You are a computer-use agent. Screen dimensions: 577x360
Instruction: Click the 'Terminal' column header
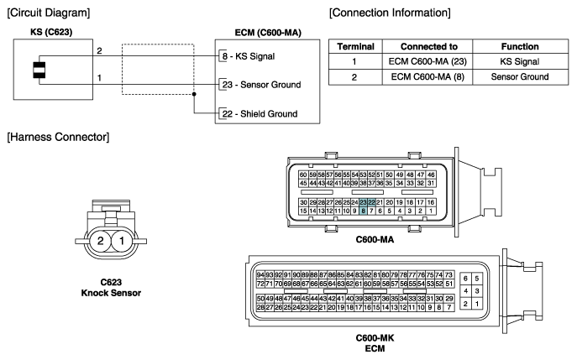(x=355, y=47)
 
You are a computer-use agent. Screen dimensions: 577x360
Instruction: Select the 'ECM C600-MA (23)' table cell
(x=428, y=61)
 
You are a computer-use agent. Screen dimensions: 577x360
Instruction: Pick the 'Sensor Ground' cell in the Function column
(x=520, y=77)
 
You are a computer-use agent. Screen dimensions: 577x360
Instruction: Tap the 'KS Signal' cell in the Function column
(x=520, y=61)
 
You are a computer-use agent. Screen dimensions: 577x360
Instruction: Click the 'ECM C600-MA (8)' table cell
(x=428, y=77)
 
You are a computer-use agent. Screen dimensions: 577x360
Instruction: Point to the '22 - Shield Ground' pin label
(x=260, y=114)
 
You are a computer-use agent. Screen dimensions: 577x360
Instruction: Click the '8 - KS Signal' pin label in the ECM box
(x=249, y=56)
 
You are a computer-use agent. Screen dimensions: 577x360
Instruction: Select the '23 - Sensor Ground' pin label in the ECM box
(x=262, y=85)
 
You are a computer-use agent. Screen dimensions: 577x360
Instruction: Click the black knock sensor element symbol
(x=39, y=70)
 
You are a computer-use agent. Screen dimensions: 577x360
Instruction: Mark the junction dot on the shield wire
(x=194, y=94)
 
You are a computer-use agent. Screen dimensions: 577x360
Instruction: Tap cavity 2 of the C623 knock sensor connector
(x=100, y=241)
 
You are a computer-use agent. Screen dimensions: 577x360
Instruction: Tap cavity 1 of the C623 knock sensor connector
(x=122, y=241)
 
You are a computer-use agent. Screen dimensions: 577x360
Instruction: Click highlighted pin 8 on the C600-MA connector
(x=363, y=211)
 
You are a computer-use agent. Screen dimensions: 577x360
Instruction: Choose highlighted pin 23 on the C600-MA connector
(x=363, y=202)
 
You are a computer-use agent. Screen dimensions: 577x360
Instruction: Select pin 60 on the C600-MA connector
(x=303, y=175)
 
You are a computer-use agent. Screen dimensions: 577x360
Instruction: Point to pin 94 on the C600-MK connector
(x=260, y=275)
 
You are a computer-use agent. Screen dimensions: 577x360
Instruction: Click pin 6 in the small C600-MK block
(x=465, y=279)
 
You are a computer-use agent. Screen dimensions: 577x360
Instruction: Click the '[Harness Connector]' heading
(x=58, y=137)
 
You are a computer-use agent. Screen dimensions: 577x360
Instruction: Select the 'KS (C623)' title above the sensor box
(x=51, y=32)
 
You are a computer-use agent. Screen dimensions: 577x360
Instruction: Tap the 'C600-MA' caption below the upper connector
(x=375, y=240)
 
